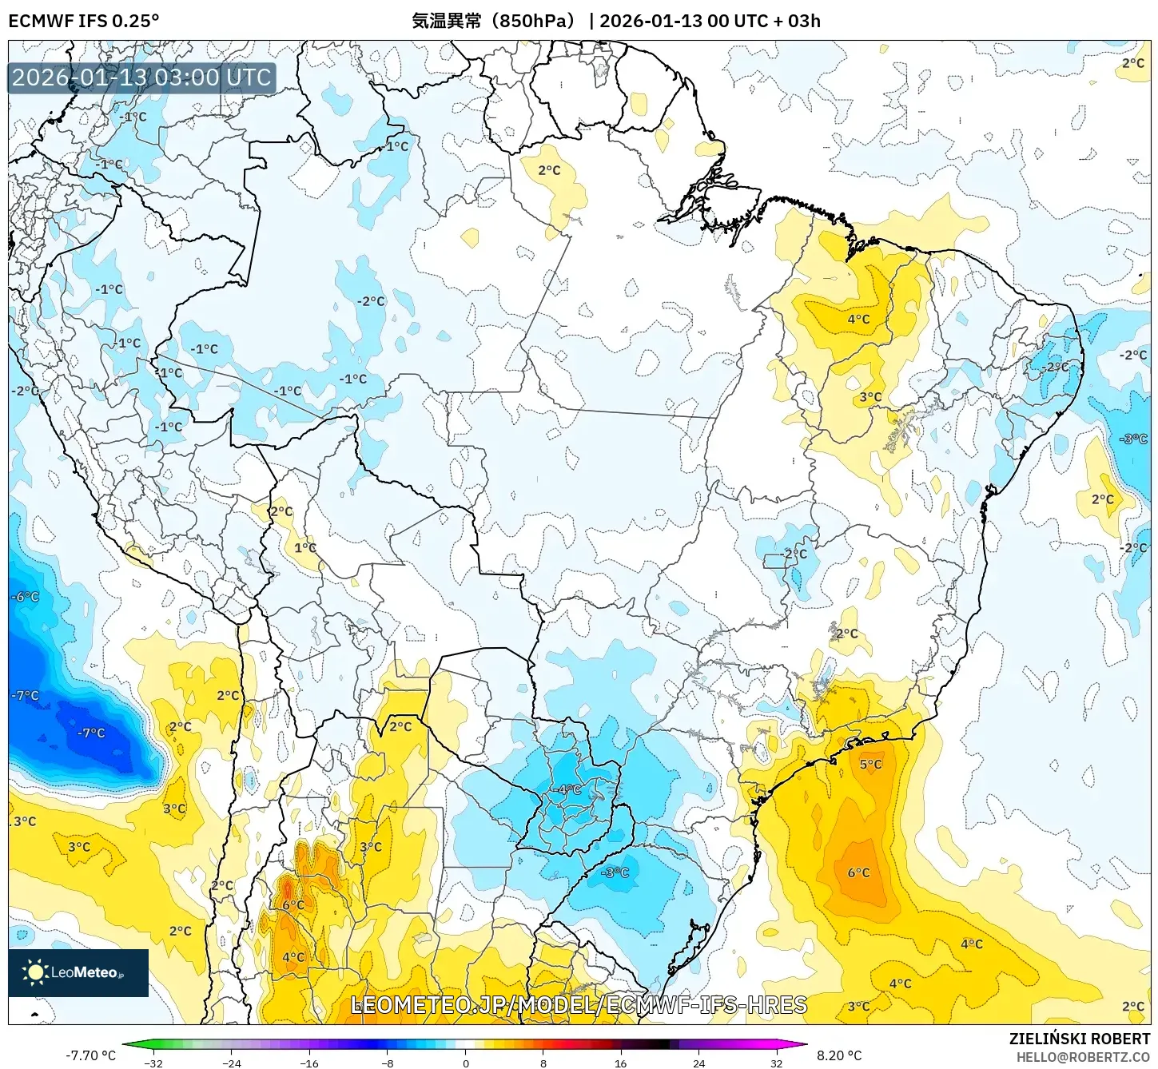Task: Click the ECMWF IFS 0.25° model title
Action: click(84, 21)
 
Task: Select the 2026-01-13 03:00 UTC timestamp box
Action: click(141, 77)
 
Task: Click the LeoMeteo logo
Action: click(78, 972)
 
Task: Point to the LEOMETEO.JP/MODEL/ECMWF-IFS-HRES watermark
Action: click(579, 1004)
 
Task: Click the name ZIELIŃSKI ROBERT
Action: click(1079, 1039)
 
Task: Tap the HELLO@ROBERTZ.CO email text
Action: click(1083, 1057)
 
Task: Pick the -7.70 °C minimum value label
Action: click(90, 1055)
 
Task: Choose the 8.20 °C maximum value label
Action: click(839, 1055)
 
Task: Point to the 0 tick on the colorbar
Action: click(466, 1063)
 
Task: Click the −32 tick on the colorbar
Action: click(153, 1063)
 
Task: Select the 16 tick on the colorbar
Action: click(621, 1063)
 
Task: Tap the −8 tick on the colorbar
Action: click(388, 1063)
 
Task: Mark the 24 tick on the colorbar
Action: click(699, 1063)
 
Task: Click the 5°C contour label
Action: click(870, 764)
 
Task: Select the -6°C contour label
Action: click(25, 597)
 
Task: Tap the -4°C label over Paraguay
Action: click(568, 789)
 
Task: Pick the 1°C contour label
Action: click(305, 547)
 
